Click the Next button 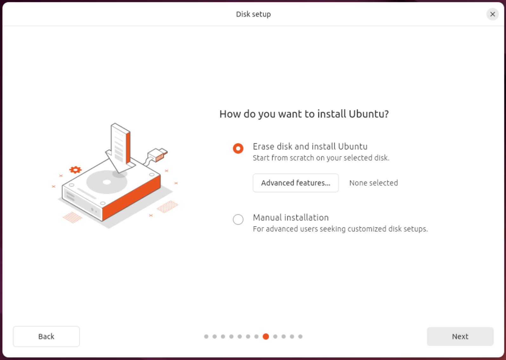460,336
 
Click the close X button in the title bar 492,14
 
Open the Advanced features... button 296,183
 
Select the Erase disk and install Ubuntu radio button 238,148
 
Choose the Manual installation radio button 238,219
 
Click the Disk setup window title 253,14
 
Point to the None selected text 374,183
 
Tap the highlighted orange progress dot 266,337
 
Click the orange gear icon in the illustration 76,170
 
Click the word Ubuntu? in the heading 369,114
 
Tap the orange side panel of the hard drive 131,198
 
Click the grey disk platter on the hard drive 107,182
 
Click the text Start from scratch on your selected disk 321,158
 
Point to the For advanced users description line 340,229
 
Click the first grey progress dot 206,337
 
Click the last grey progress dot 300,337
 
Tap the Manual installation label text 291,218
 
